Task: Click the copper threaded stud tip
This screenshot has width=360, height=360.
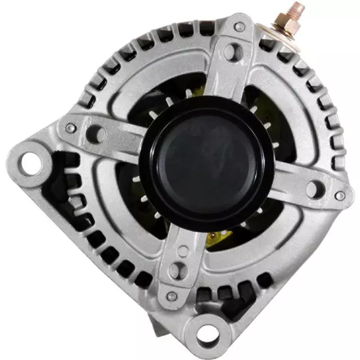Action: [296, 8]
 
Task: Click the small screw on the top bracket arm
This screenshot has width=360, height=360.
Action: [240, 26]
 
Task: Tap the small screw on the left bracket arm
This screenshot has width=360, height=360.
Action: [70, 128]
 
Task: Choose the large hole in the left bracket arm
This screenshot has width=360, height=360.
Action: [96, 134]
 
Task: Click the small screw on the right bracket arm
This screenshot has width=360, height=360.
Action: [339, 195]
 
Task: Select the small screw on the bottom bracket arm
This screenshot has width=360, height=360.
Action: [173, 296]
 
